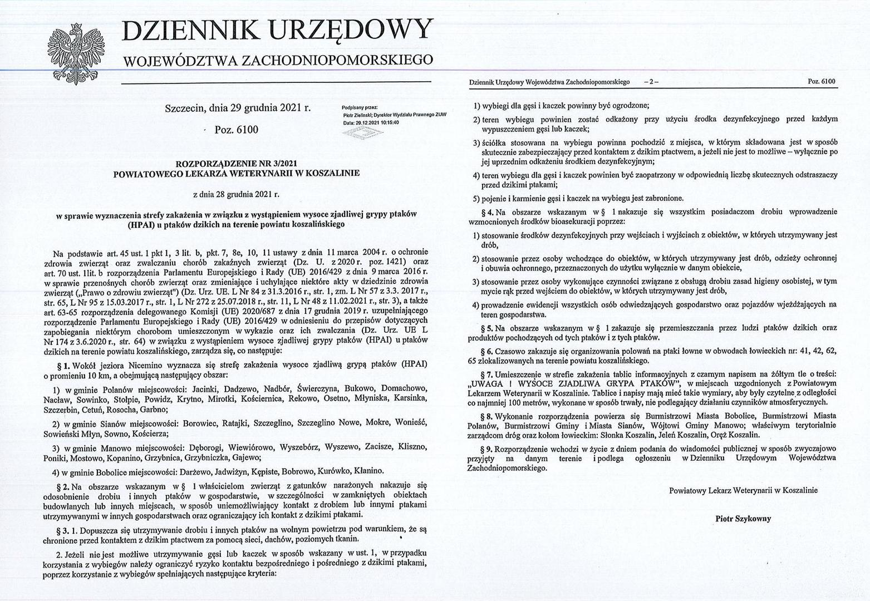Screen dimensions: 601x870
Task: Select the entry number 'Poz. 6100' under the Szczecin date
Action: tap(237, 129)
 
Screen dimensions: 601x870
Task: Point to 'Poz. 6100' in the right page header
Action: tap(821, 82)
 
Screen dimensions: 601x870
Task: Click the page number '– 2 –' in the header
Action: tap(650, 82)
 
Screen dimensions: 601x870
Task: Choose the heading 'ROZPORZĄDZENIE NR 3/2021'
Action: tap(236, 164)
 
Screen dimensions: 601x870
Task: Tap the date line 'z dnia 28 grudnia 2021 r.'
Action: tap(236, 195)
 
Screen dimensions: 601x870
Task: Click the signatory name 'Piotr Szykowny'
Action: tap(743, 518)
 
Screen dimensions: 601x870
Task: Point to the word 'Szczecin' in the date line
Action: tap(184, 108)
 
